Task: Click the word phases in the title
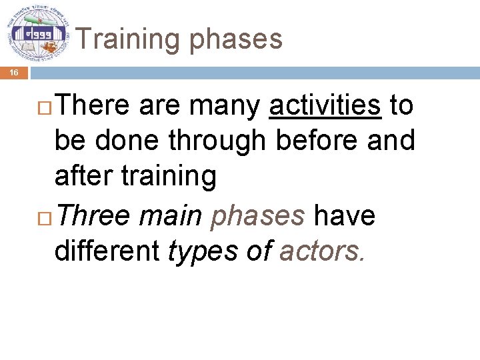[x=237, y=40]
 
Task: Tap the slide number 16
[x=14, y=73]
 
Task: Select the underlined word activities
[x=325, y=105]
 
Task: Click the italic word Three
[x=99, y=216]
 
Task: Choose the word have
[x=345, y=216]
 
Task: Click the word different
[x=107, y=251]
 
